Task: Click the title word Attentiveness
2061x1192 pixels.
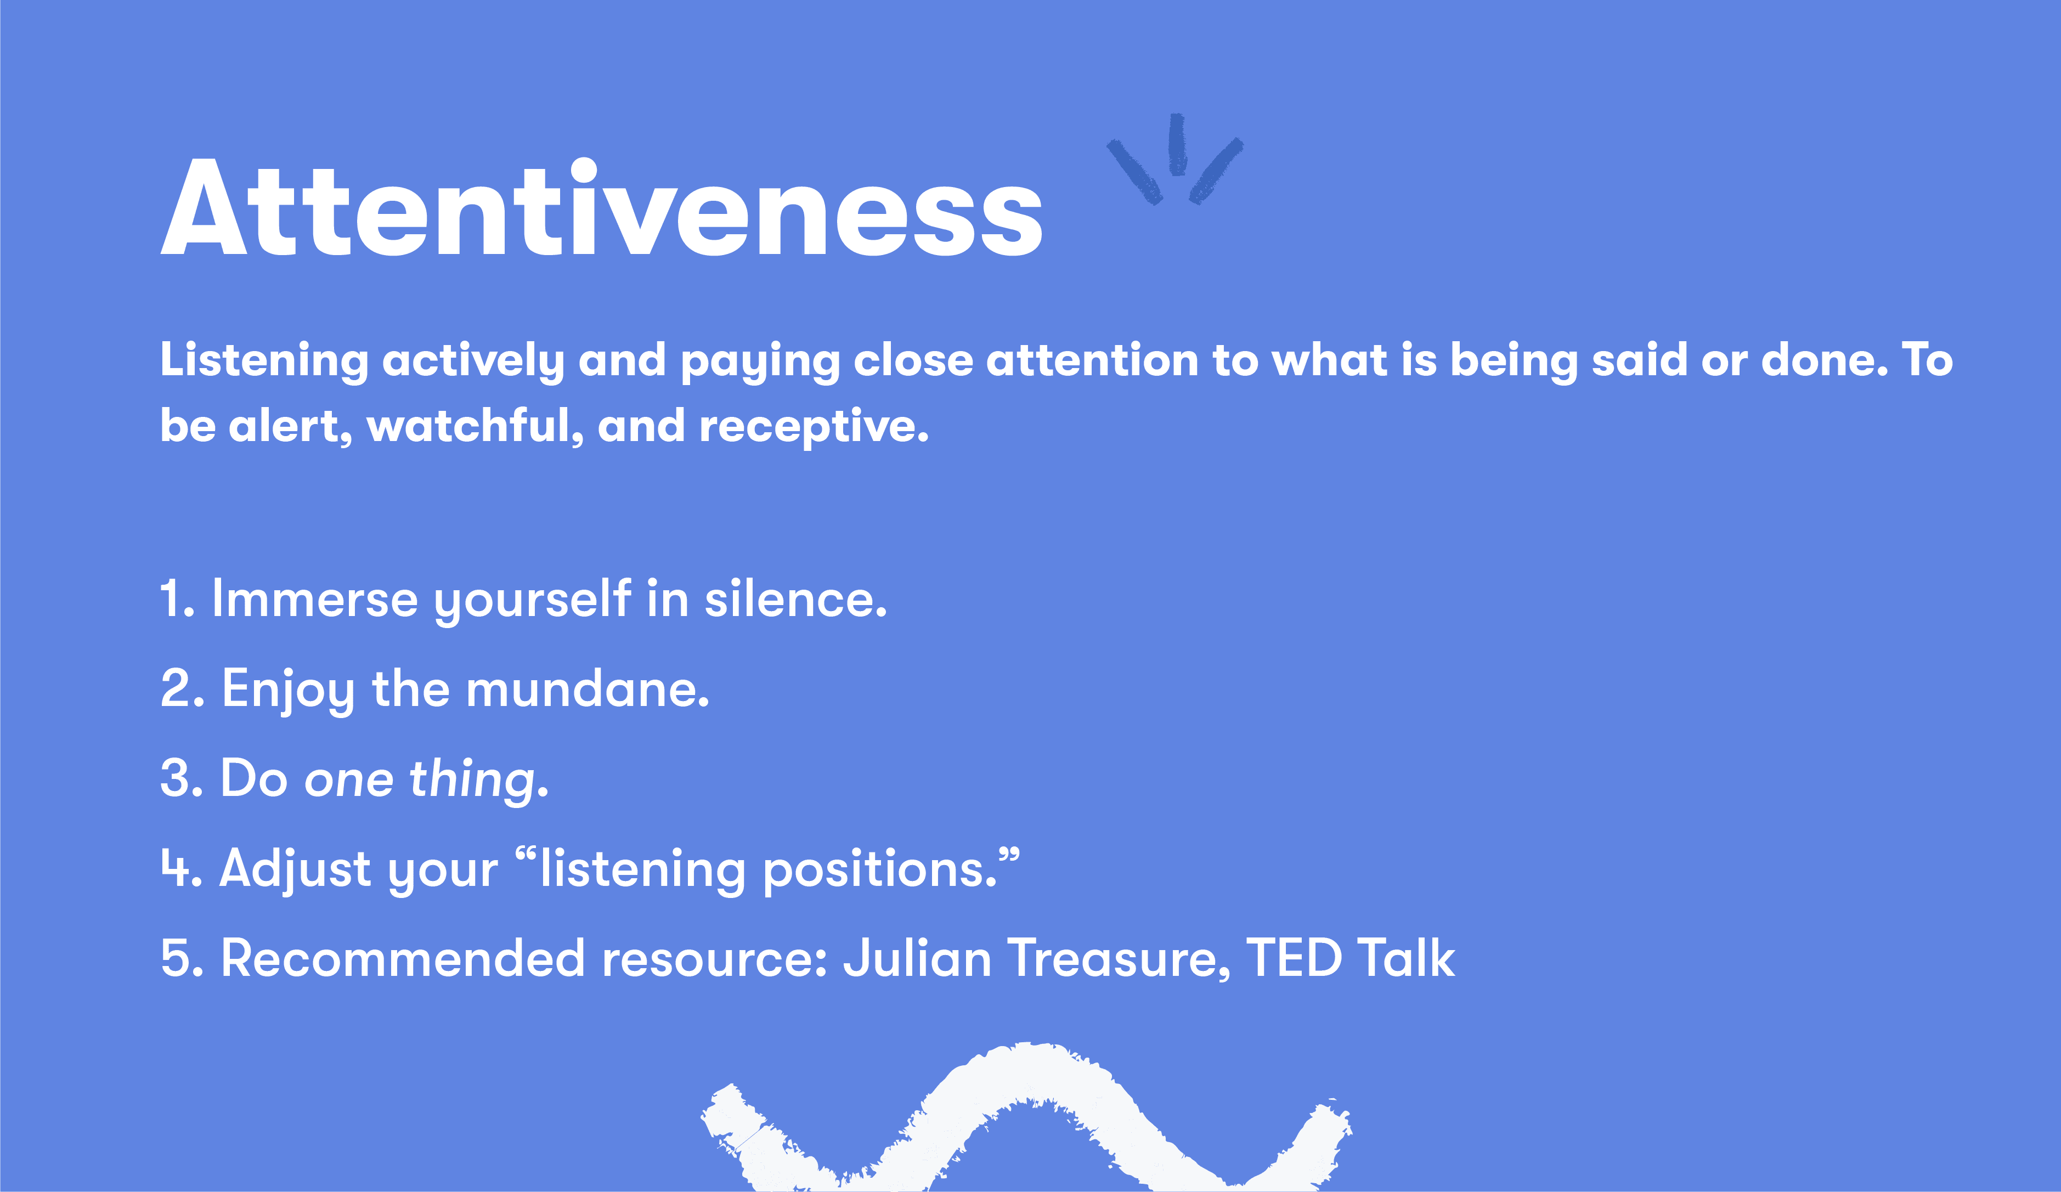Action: click(x=601, y=208)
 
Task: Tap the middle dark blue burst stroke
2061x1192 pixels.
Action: click(x=1177, y=145)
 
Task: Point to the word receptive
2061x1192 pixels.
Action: click(x=813, y=427)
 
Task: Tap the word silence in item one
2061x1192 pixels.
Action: click(x=795, y=598)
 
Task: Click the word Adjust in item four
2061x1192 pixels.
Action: click(x=295, y=869)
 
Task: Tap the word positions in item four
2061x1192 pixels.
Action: click(x=880, y=869)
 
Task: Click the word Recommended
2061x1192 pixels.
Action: click(x=403, y=958)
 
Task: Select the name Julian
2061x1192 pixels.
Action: click(x=917, y=958)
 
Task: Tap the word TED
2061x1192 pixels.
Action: click(x=1293, y=958)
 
